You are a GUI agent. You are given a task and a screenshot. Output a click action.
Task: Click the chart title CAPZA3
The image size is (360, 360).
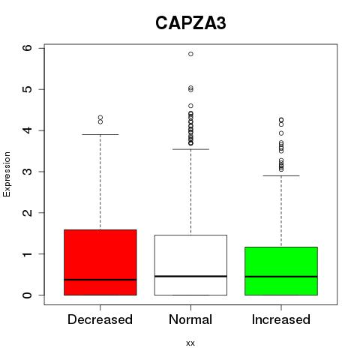pyautogui.click(x=190, y=23)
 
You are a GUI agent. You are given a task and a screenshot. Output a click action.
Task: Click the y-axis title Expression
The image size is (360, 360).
pyautogui.click(x=7, y=174)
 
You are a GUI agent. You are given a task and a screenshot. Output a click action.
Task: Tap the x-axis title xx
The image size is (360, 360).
pyautogui.click(x=190, y=343)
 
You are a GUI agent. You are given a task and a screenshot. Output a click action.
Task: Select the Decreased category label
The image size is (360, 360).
pyautogui.click(x=100, y=319)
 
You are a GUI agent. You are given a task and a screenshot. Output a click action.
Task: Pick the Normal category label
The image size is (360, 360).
pyautogui.click(x=190, y=319)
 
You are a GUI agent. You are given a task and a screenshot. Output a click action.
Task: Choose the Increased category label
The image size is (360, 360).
pyautogui.click(x=281, y=319)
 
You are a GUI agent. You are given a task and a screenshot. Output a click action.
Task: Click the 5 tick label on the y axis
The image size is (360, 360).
pyautogui.click(x=28, y=89)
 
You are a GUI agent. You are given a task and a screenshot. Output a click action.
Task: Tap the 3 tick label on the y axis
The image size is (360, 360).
pyautogui.click(x=28, y=172)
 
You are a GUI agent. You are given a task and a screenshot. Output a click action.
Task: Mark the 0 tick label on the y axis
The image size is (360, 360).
pyautogui.click(x=28, y=295)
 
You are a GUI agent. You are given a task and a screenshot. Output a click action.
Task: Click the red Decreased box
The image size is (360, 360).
pyautogui.click(x=100, y=262)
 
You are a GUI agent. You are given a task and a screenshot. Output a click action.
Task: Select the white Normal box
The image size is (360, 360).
pyautogui.click(x=190, y=265)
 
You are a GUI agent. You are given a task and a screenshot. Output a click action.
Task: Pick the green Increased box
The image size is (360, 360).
pyautogui.click(x=281, y=271)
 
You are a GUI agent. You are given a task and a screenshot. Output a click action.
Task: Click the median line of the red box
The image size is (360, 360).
pyautogui.click(x=100, y=280)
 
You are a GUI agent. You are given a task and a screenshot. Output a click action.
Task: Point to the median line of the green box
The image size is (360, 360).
pyautogui.click(x=281, y=277)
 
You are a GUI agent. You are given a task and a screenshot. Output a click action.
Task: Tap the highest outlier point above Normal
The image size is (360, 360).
pyautogui.click(x=190, y=54)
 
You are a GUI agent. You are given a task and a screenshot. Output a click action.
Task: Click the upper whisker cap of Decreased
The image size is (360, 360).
pyautogui.click(x=100, y=134)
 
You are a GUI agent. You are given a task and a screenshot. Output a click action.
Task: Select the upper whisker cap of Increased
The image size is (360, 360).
pyautogui.click(x=281, y=175)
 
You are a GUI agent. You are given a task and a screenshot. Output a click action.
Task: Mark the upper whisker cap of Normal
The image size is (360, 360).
pyautogui.click(x=190, y=149)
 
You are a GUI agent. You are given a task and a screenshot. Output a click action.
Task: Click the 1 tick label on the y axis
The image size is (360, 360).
pyautogui.click(x=28, y=254)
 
